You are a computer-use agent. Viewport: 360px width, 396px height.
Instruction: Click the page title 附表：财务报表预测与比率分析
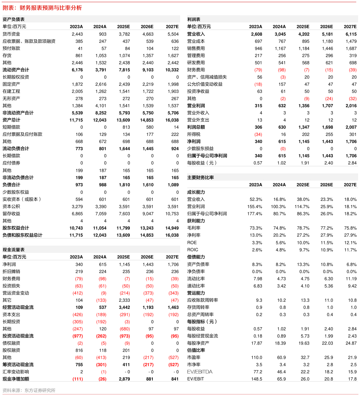click(42, 8)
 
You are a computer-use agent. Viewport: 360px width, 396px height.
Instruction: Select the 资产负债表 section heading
click(14, 19)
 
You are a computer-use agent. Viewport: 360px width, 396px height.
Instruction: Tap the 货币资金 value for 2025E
click(124, 34)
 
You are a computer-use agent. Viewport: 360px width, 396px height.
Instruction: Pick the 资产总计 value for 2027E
click(172, 120)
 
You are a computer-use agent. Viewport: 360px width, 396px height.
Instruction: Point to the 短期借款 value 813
click(126, 127)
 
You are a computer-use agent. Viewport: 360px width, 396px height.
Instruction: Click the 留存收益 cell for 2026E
click(148, 214)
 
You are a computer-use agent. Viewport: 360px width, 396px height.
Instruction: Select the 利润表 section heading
click(194, 19)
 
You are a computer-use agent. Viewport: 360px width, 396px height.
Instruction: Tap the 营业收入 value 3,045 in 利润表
click(280, 34)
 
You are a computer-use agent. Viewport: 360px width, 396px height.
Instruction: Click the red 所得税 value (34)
click(258, 134)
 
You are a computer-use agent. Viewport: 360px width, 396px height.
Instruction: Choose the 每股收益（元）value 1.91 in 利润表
click(305, 163)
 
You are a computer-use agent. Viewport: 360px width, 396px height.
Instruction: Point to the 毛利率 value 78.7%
click(303, 228)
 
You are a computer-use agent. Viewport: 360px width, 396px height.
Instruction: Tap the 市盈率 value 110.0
click(257, 358)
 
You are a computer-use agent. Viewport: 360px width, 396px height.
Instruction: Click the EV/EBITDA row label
click(200, 372)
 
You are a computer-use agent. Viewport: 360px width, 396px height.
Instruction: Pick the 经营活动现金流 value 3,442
click(124, 307)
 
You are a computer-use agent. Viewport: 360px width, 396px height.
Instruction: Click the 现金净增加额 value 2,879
click(124, 379)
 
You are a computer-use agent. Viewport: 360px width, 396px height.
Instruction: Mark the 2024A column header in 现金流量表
click(100, 257)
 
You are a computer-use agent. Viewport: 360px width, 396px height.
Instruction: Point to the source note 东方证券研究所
click(40, 390)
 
